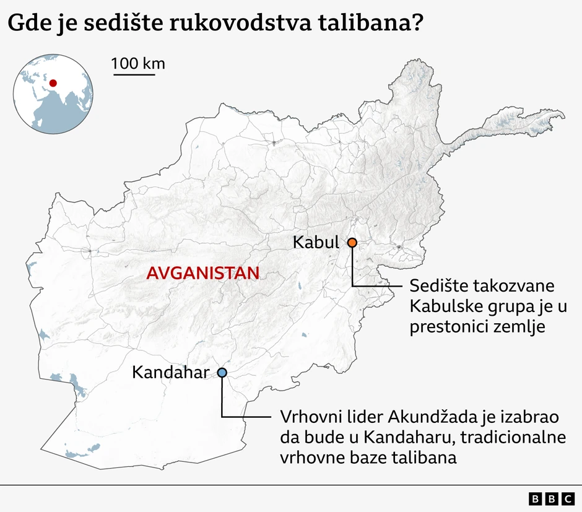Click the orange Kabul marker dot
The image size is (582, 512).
coord(352,243)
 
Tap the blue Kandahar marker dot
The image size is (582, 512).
coord(222,373)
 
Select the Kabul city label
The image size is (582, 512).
coord(316,242)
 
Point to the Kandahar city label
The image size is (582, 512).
coord(170,373)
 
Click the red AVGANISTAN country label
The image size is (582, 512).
coord(202,273)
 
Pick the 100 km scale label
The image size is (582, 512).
coord(138,63)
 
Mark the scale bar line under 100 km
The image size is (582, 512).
coord(133,75)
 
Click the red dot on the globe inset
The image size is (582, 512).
coord(53,82)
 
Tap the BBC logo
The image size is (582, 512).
coord(552,498)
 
